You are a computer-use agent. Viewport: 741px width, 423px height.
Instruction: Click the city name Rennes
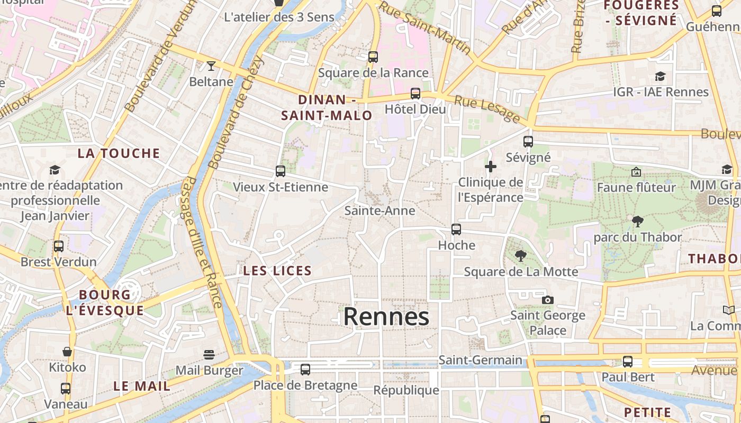[386, 317]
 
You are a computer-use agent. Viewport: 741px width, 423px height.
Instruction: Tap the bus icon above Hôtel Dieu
[415, 94]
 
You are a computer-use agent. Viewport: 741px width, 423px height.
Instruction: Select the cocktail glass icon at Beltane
[211, 66]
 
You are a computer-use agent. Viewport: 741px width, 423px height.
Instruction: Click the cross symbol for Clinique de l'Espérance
[491, 167]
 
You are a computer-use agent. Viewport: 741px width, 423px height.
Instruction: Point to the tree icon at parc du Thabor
[638, 222]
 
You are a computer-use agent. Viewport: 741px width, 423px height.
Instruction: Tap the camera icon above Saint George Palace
[548, 300]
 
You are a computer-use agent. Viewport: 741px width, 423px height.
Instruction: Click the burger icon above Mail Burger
[209, 355]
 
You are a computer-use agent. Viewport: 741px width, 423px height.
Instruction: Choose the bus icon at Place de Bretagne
[305, 370]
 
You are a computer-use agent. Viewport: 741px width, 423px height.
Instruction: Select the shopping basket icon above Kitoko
[67, 352]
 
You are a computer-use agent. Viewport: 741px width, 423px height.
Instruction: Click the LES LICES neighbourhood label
[277, 271]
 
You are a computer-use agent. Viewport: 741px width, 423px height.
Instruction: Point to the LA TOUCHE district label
[119, 154]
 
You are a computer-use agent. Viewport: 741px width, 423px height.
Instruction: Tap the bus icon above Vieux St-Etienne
[281, 171]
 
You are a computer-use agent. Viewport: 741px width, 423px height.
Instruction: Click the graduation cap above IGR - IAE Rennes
[660, 77]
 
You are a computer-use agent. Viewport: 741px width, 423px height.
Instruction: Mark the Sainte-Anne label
[379, 210]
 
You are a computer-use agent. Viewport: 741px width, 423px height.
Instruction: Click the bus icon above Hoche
[456, 229]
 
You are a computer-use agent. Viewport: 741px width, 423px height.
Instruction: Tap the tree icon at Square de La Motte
[521, 256]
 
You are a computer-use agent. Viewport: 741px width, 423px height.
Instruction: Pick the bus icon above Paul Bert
[628, 362]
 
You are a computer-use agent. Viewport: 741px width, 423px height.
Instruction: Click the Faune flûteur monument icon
[636, 172]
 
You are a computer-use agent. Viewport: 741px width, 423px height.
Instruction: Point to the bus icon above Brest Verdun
[59, 246]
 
